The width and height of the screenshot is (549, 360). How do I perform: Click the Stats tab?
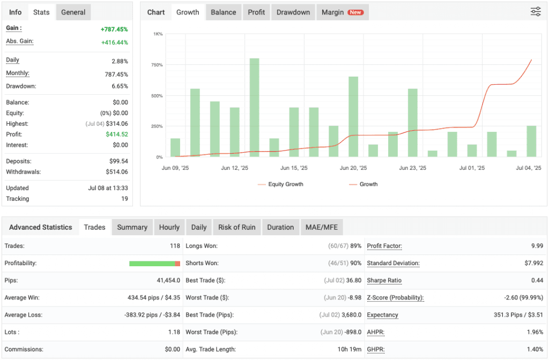click(x=41, y=12)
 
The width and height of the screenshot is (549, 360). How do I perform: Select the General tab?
click(x=73, y=12)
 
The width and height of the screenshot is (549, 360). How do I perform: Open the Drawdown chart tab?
click(x=293, y=12)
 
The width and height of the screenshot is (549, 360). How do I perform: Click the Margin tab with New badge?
click(x=342, y=12)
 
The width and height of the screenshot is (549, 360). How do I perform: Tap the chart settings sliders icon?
click(x=536, y=12)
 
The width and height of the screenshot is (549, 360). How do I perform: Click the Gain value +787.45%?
click(x=114, y=29)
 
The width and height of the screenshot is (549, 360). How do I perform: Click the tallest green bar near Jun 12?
click(x=254, y=107)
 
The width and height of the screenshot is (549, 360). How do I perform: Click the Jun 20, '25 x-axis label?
click(x=353, y=168)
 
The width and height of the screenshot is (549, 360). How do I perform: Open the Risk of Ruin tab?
click(x=236, y=227)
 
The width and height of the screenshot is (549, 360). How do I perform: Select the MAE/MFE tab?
click(x=322, y=227)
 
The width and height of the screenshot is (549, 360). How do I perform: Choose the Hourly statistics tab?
click(x=169, y=227)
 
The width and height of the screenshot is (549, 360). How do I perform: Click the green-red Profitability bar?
click(x=154, y=264)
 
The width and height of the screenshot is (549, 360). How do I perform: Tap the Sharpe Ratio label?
click(x=384, y=281)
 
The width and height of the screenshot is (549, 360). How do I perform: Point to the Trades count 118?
click(x=175, y=246)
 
